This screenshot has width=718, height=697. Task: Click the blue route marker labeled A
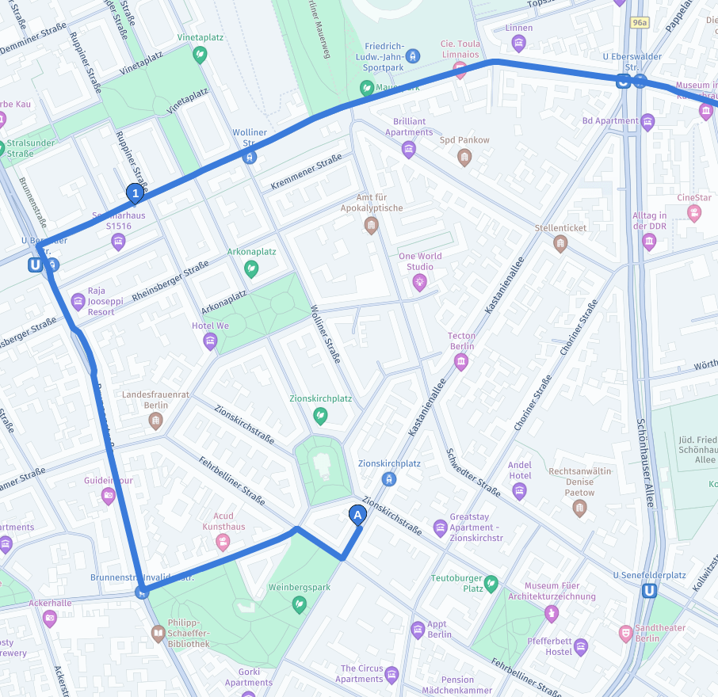[357, 516]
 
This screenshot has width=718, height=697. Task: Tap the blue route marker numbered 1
[136, 192]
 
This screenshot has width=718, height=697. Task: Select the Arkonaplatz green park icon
[251, 269]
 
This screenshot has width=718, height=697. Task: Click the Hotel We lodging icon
[210, 341]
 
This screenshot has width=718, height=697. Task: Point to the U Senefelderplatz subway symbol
[650, 590]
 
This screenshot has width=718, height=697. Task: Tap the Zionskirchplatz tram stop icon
[388, 479]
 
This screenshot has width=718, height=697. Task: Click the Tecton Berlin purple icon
[461, 363]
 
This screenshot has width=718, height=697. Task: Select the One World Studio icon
[419, 281]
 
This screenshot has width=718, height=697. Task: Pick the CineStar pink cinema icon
[694, 213]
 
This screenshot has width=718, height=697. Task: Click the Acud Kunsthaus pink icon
[223, 543]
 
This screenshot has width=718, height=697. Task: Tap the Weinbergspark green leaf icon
[299, 604]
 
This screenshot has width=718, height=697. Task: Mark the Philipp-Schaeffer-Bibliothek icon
[158, 633]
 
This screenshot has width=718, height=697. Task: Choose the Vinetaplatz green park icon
[201, 55]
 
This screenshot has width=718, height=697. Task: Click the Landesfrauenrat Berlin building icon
[156, 421]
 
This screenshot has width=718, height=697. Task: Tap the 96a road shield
[640, 24]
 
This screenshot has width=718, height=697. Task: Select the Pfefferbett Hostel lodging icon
[581, 647]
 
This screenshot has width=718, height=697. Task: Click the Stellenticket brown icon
[560, 244]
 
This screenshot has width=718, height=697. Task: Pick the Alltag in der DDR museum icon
[649, 242]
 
